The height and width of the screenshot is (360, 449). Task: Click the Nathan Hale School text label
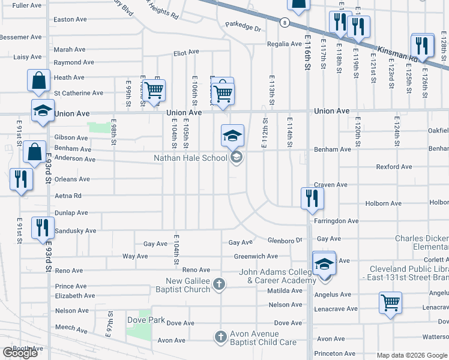[190, 158]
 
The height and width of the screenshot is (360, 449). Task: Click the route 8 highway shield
[284, 22]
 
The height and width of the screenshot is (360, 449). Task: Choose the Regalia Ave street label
[283, 44]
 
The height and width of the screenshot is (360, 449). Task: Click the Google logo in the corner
[20, 352]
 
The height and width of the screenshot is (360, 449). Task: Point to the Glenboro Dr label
[285, 240]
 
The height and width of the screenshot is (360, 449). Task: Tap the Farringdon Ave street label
[336, 221]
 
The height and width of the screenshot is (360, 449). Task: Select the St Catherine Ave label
[79, 93]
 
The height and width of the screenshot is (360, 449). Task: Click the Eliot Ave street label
[186, 53]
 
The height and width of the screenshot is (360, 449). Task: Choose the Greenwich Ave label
[256, 256]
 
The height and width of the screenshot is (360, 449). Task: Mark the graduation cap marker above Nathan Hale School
[232, 136]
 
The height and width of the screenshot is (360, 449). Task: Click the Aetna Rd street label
[68, 196]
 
